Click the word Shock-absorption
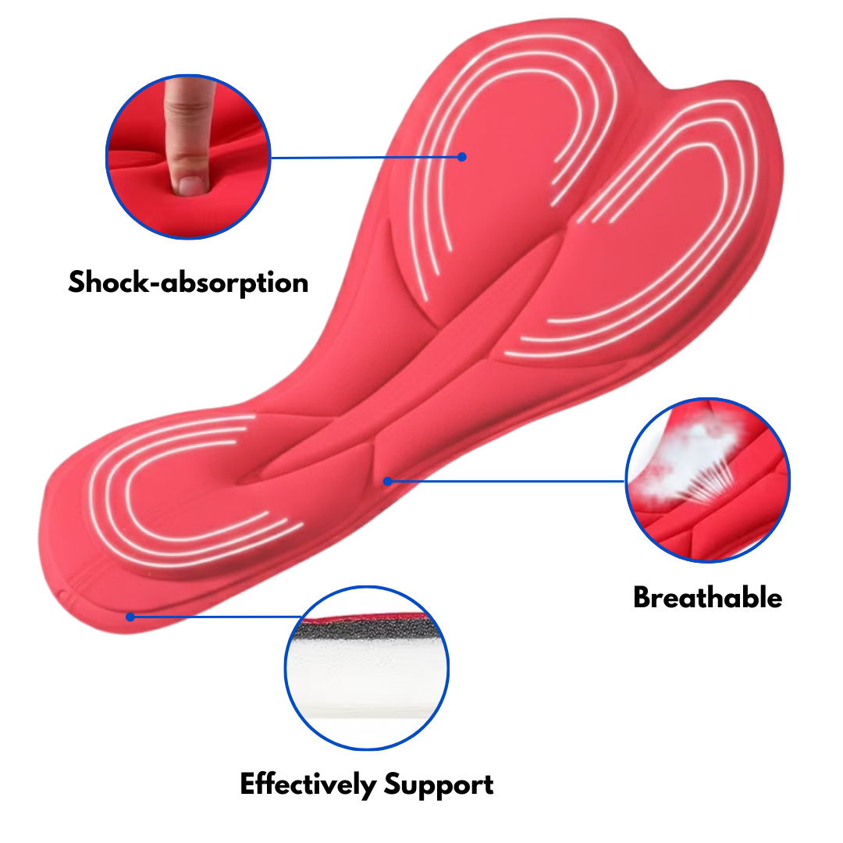tap(188, 283)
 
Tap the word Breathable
tap(707, 597)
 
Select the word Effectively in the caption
tap(308, 784)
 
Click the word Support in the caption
tap(439, 785)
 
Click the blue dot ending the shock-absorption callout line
tap(462, 157)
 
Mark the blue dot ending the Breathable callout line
tap(388, 481)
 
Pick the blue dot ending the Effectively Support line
tap(130, 617)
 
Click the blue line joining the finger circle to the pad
tap(365, 158)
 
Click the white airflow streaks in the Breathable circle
tap(710, 481)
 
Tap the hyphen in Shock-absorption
tap(155, 284)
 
